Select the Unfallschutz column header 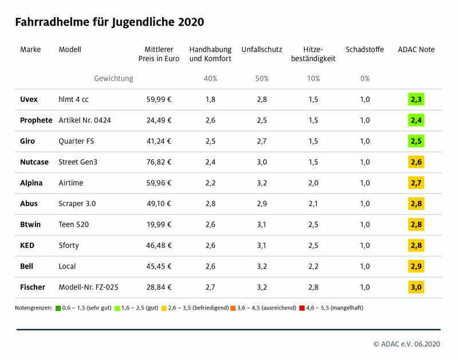coord(262,49)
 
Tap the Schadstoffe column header coord(365,49)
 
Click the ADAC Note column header coord(416,49)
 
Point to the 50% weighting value coord(262,78)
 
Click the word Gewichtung coord(113,78)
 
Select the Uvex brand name coord(29,99)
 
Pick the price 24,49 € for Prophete coord(159,120)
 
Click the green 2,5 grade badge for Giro coord(416,141)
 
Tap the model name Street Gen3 coord(78,162)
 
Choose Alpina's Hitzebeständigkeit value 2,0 coord(313,183)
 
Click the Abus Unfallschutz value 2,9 coord(262,204)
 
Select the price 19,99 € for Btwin coord(159,224)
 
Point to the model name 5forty coord(69,246)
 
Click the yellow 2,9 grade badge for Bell coord(416,266)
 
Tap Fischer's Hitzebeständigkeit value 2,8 coord(313,287)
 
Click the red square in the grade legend coord(302,308)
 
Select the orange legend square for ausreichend coord(233,308)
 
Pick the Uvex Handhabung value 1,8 coord(210,99)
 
